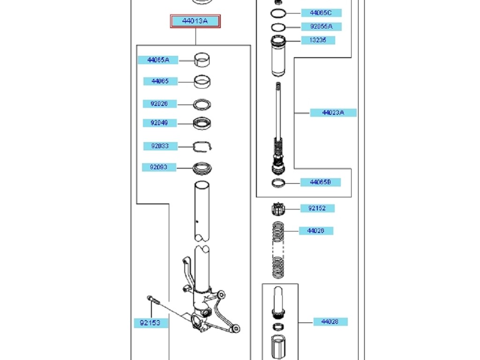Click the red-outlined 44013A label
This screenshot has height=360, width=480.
tap(195, 21)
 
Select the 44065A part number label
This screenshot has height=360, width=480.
tap(157, 60)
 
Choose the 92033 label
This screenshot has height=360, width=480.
tap(160, 146)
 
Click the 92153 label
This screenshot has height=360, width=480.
tap(150, 323)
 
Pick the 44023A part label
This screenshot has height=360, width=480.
tap(333, 112)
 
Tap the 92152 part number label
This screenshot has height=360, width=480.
tap(317, 208)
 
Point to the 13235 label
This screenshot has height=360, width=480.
tap(317, 40)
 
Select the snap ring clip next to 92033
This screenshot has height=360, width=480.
tap(203, 147)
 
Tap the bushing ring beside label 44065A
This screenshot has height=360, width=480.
tap(202, 60)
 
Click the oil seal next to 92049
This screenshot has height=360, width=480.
tap(202, 123)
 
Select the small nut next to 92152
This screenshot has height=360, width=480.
tap(278, 209)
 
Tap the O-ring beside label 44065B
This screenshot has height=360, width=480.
tap(278, 182)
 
